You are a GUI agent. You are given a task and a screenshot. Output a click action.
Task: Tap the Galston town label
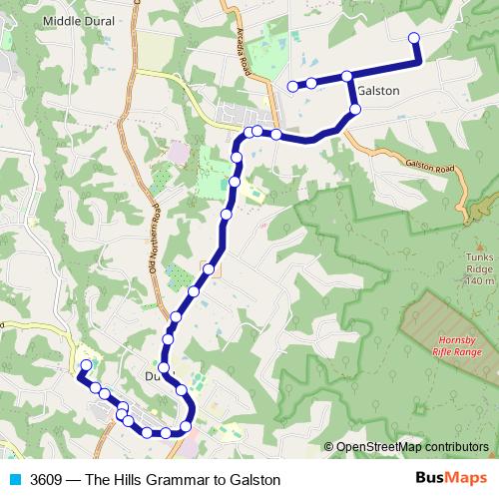click(x=377, y=91)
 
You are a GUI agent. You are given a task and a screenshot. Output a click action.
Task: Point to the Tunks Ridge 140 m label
click(x=479, y=269)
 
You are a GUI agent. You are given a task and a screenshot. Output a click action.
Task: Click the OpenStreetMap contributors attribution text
click(x=412, y=446)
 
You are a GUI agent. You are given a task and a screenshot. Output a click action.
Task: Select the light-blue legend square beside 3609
click(x=15, y=479)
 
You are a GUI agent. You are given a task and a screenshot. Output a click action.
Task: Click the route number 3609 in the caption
click(x=49, y=480)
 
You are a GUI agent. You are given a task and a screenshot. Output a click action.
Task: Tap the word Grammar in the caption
click(x=175, y=480)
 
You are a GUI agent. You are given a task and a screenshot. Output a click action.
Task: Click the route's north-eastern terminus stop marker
click(x=414, y=39)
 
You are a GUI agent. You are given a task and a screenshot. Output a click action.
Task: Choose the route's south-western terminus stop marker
click(x=86, y=365)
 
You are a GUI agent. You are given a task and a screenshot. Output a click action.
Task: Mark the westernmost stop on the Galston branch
click(x=292, y=87)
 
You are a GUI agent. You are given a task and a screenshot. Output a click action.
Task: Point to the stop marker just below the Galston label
click(x=354, y=109)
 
